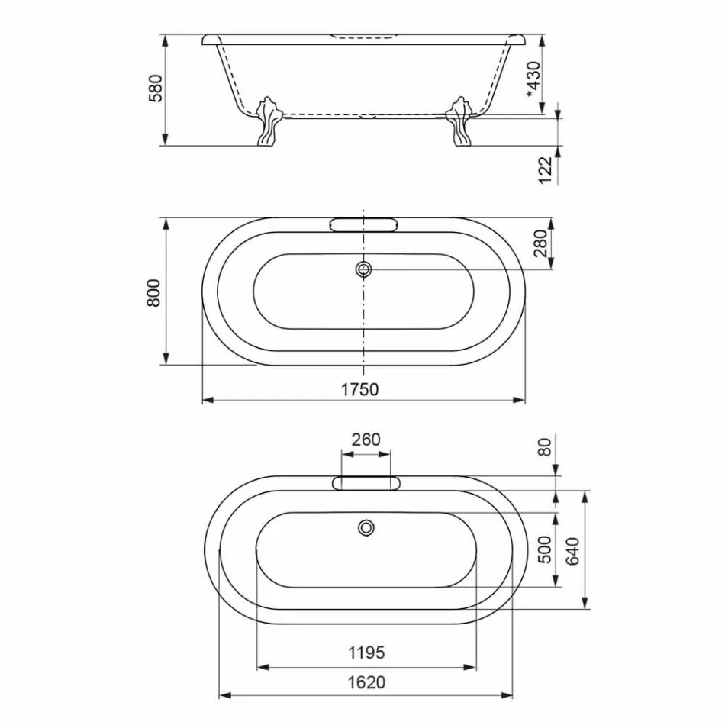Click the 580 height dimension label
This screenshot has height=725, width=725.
tap(155, 89)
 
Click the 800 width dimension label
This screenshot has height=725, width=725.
tap(155, 292)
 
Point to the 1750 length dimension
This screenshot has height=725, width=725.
tap(359, 389)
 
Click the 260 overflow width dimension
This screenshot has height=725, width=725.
tap(366, 440)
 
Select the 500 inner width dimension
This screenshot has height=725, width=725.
tap(545, 548)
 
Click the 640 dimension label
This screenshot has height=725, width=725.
tap(573, 549)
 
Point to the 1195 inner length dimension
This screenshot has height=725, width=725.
tap(366, 653)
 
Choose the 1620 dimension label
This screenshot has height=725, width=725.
tap(366, 682)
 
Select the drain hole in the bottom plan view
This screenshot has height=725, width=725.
tap(367, 527)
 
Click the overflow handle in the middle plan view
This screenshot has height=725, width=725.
tap(363, 224)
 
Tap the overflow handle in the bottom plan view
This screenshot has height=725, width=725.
tap(366, 482)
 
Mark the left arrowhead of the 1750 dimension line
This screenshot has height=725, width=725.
tap(207, 399)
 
